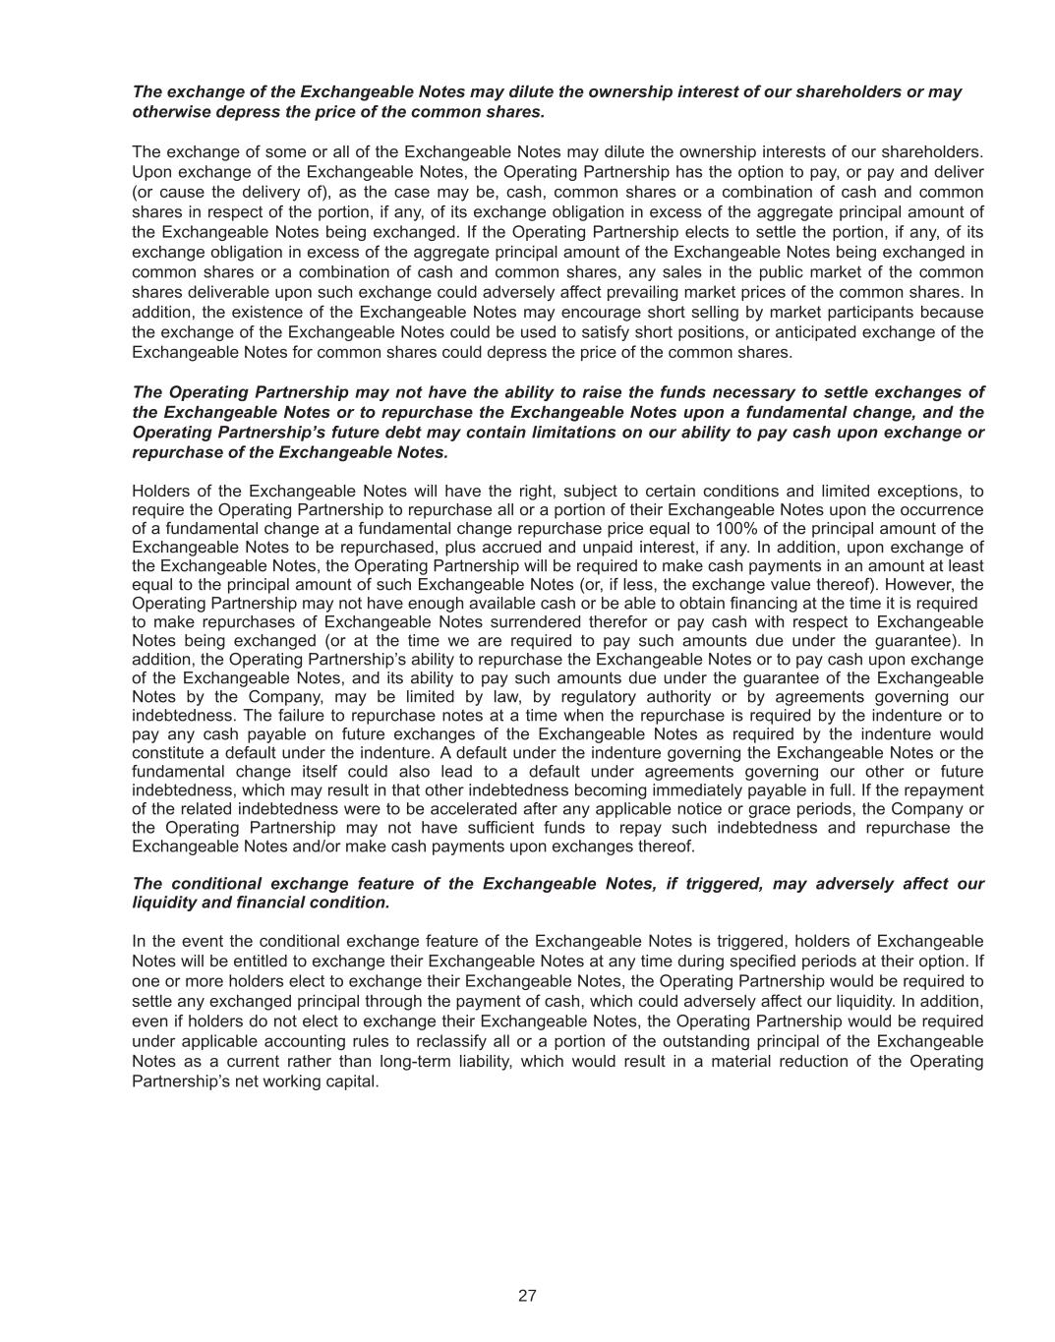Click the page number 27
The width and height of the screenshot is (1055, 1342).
click(527, 1296)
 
